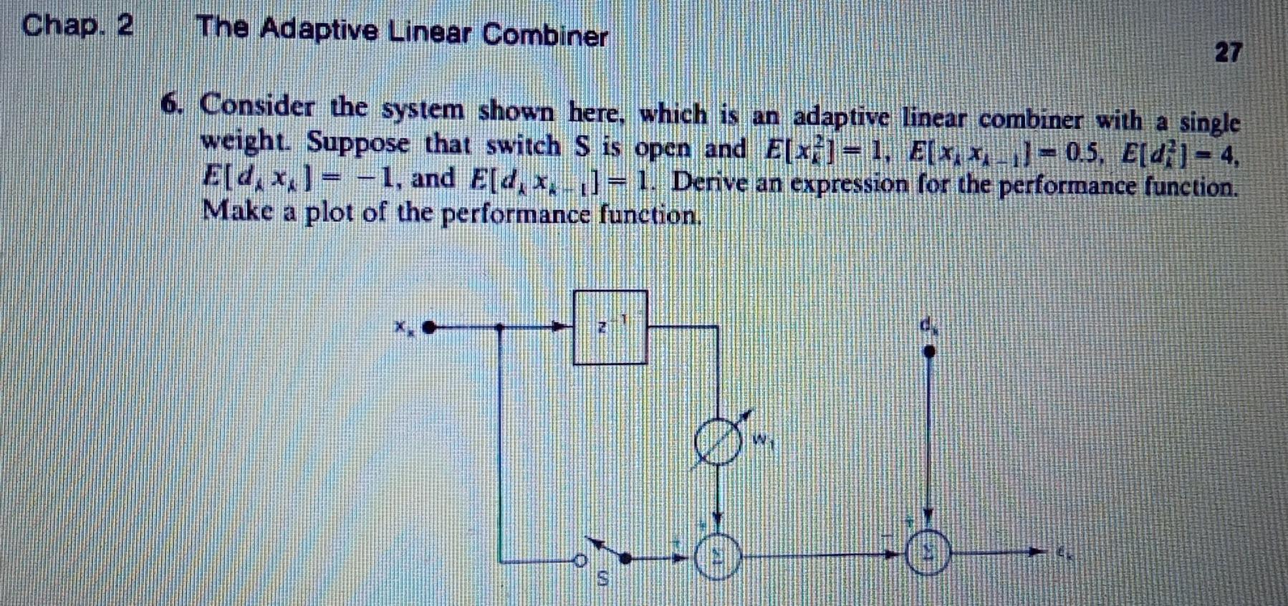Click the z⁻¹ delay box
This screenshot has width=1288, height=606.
pos(610,327)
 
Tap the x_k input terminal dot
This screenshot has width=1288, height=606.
pos(429,328)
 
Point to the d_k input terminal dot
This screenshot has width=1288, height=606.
pos(930,351)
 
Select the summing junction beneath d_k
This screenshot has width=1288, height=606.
pos(929,553)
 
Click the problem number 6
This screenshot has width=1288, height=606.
pos(171,104)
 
